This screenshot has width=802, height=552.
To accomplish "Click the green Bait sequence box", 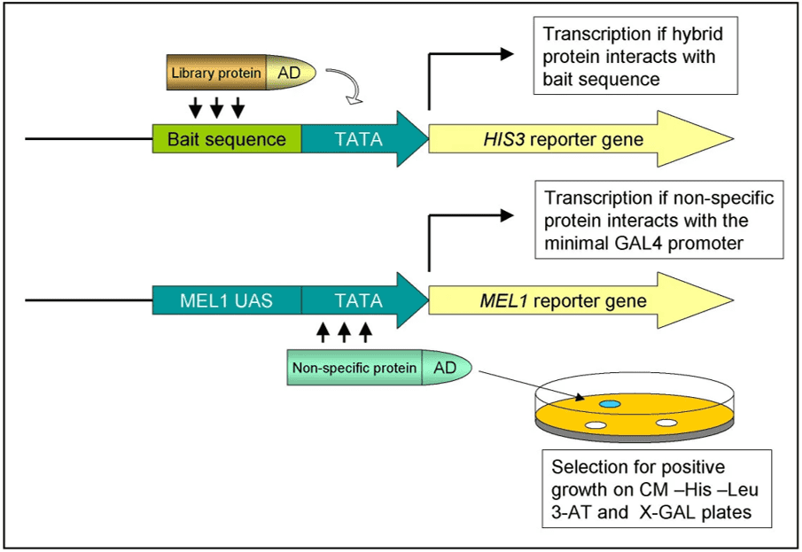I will (x=227, y=140).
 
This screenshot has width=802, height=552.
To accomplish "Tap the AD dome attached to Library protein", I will (x=291, y=73).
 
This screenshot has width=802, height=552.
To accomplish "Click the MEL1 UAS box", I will (x=227, y=301).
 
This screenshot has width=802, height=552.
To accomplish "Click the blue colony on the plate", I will (x=610, y=404).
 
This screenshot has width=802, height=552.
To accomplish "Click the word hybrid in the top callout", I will (x=693, y=35).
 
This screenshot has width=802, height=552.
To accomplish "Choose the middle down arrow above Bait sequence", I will (x=216, y=108).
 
